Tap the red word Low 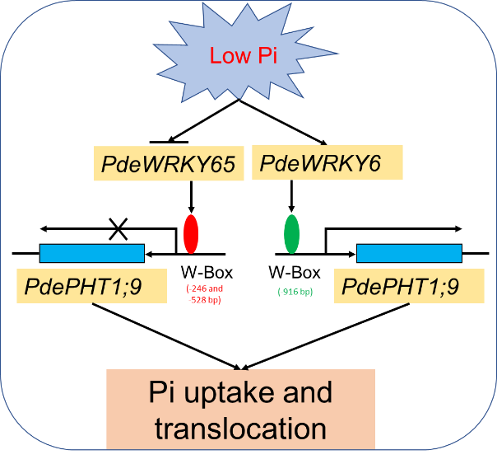226,56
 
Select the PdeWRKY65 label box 170,164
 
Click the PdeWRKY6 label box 327,164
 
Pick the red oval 191,233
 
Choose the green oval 291,233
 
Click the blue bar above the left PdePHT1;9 92,253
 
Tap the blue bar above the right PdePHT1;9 409,253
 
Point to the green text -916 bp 295,292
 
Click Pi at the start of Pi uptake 161,392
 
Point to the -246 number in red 198,288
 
